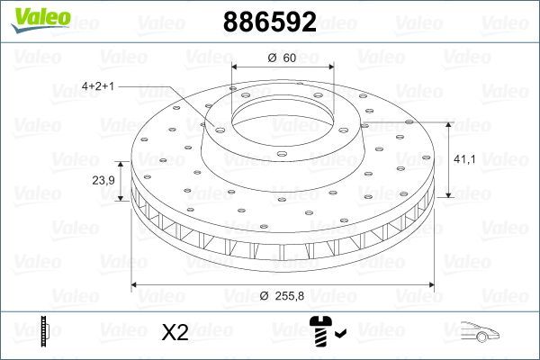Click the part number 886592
(269, 22)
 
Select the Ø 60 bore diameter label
(283, 58)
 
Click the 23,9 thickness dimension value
(103, 180)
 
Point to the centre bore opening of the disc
(283, 118)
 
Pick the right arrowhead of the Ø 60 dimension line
(330, 67)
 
